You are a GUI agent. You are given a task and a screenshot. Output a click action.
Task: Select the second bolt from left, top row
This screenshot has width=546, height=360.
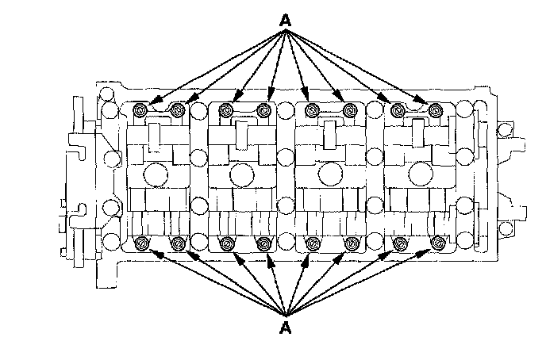coord(179,109)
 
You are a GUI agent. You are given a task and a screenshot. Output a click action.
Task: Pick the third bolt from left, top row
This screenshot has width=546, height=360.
coord(227,109)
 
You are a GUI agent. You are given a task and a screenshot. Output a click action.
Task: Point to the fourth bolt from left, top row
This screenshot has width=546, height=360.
coord(264,109)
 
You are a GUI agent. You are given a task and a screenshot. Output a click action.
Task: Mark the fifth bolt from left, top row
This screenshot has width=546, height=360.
coord(311,109)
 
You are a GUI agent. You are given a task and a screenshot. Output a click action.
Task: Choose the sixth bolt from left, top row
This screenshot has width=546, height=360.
coord(349,109)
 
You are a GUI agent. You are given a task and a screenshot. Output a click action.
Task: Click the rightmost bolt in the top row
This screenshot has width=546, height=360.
coord(434,109)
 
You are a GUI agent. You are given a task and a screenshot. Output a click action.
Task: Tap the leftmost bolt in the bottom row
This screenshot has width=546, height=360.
coord(142,243)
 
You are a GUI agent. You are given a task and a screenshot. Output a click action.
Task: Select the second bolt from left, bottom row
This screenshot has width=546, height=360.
coord(179,243)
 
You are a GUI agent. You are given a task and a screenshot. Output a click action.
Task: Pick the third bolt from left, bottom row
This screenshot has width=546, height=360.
coord(227,243)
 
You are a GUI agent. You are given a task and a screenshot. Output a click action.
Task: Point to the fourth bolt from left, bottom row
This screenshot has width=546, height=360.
coord(264,243)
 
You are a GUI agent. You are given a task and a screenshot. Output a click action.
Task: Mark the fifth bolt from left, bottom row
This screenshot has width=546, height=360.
coord(312,243)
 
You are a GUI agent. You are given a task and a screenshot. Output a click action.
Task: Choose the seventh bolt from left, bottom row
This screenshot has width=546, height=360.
coord(398,243)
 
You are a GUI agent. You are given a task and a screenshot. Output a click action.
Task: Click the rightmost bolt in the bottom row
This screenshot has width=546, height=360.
coord(435,243)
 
